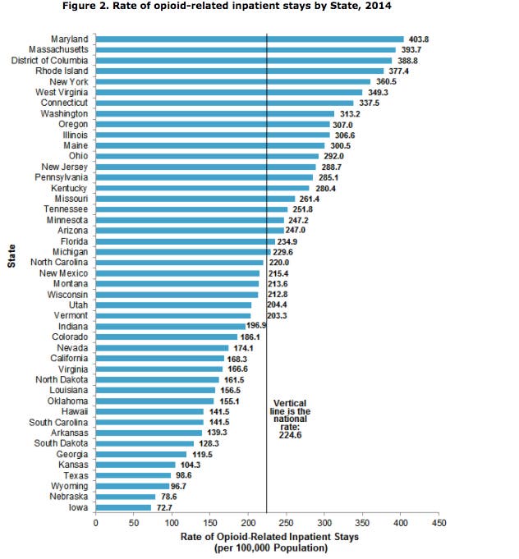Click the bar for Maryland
tap(250, 39)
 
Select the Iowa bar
tap(123, 507)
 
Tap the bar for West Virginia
tap(229, 92)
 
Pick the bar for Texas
tap(133, 475)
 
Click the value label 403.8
tap(419, 39)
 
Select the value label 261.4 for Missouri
tap(310, 198)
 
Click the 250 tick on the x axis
tap(286, 522)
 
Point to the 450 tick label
tap(439, 522)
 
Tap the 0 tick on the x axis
tap(95, 522)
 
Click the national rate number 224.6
tap(290, 435)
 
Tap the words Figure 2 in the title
tap(134, 7)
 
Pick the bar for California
tap(160, 358)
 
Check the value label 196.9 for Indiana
tap(258, 326)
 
